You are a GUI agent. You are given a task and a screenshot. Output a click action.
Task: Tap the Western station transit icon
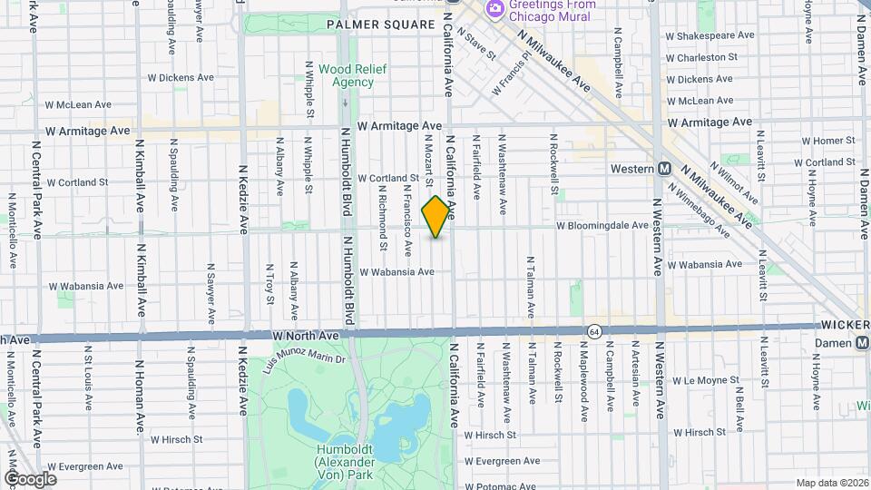click(664, 169)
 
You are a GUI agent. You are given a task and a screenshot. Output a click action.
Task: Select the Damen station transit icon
click(861, 343)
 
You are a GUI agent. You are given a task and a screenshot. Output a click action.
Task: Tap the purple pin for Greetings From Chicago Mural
click(495, 9)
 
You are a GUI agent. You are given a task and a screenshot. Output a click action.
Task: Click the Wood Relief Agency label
click(347, 75)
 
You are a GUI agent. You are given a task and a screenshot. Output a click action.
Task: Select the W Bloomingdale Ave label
click(602, 225)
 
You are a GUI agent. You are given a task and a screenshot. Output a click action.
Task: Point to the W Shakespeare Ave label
click(710, 35)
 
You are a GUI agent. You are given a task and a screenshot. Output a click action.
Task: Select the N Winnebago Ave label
click(699, 205)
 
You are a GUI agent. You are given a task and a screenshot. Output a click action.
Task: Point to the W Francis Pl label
click(510, 73)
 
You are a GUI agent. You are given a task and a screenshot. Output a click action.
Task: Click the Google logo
click(30, 478)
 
